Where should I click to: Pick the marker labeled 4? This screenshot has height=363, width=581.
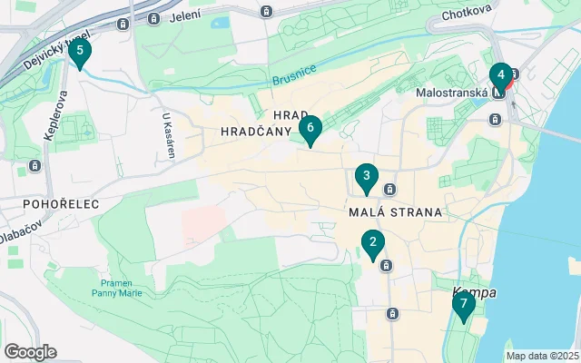pos(500,76)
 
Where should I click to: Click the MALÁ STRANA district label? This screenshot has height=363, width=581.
pos(395,212)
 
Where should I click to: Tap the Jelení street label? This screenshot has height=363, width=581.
pos(185,15)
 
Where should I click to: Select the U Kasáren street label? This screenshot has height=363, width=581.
pos(168,135)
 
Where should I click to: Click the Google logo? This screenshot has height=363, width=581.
pos(30,351)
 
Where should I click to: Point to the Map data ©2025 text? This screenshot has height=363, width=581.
pos(541,356)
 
